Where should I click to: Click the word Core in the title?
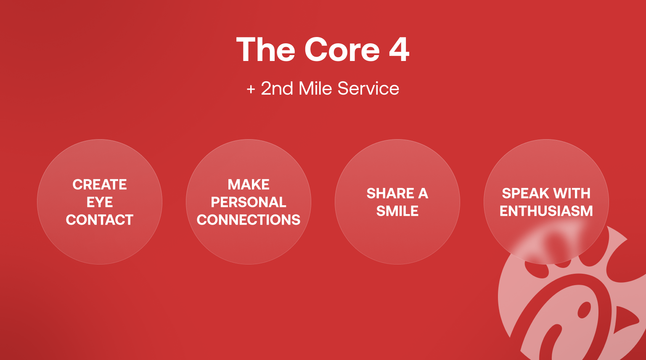coord(342,50)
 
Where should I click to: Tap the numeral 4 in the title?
coord(399,50)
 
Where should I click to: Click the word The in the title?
coord(266,49)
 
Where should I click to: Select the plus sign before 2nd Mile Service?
coord(251,89)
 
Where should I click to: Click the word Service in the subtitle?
coord(368,88)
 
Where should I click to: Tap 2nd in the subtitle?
coord(277,88)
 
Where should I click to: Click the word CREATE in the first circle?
coord(100,185)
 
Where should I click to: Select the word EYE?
coord(100,202)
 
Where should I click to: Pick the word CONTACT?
coord(100,220)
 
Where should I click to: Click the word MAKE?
coord(249,185)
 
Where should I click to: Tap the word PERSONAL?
coord(249,202)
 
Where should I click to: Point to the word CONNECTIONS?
coord(249,220)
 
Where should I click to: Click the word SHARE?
coord(390,193)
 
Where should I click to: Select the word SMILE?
coord(397,211)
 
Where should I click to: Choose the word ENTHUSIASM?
coord(546,211)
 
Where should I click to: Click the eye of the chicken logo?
coord(584,310)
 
